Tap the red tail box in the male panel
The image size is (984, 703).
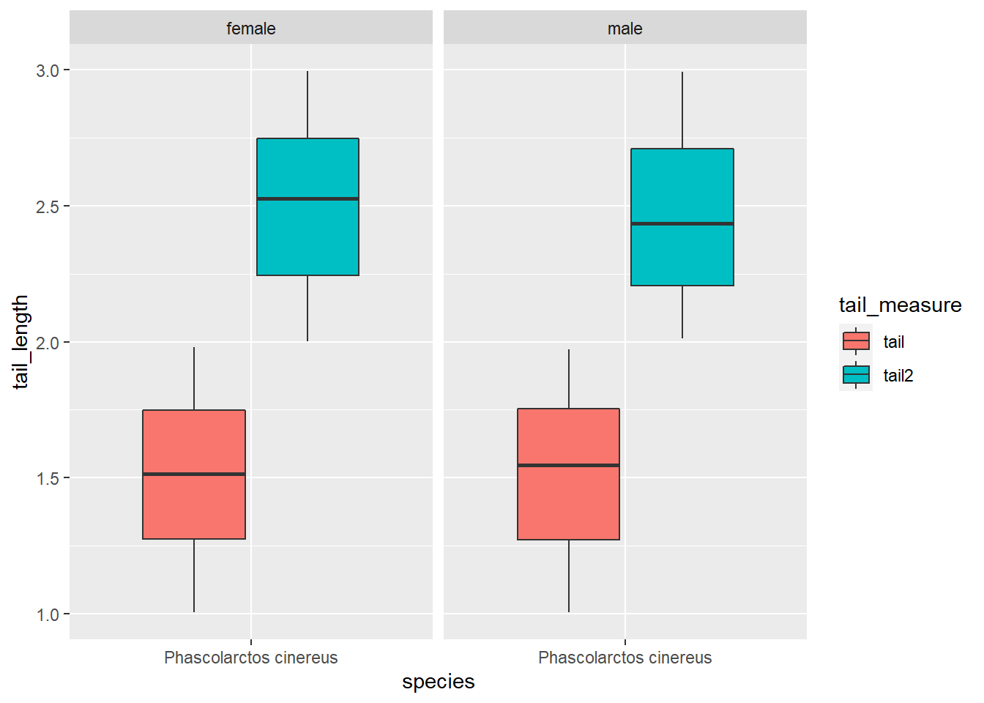568,505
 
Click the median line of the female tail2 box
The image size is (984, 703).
307,198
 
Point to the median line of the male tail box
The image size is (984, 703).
568,465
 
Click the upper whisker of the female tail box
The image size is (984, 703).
194,378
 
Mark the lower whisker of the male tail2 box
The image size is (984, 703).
682,312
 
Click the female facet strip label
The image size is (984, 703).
251,29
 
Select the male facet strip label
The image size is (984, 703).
625,29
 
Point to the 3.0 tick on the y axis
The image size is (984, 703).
48,70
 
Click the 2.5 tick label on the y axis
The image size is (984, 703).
48,207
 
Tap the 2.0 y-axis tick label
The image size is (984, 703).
48,343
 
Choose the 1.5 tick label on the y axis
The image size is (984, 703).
48,478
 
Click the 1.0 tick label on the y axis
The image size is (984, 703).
48,614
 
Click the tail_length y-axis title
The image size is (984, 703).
20,341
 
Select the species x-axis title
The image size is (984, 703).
438,682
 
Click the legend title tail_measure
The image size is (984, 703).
900,305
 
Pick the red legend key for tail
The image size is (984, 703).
856,341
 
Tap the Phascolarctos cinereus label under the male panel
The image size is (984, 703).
625,658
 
